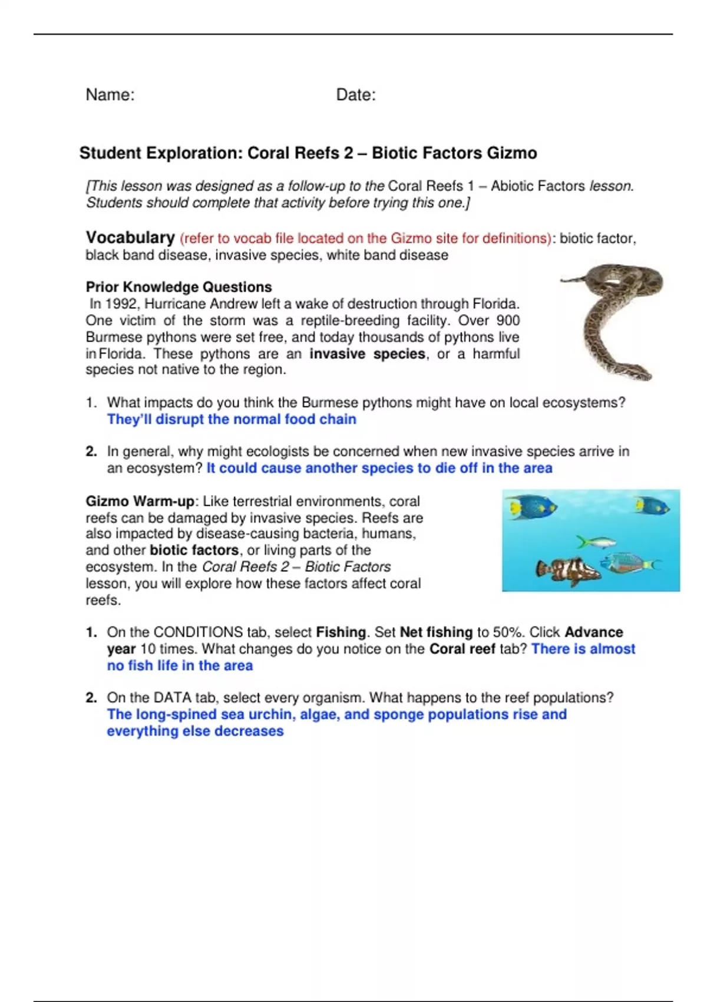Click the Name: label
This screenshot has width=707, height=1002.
110,95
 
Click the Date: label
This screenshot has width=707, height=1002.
356,95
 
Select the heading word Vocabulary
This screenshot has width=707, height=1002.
130,238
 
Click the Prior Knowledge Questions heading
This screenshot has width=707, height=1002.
179,287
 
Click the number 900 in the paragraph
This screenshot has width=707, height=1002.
508,321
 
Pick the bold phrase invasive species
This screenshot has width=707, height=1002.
367,354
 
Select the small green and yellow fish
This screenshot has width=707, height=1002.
596,542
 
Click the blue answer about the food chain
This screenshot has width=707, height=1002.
232,420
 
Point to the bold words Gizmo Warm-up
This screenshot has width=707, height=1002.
140,502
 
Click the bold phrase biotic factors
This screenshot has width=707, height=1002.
194,551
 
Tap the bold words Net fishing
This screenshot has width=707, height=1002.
436,632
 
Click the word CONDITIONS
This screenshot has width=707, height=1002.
198,632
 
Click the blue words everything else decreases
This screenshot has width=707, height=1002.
195,731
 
